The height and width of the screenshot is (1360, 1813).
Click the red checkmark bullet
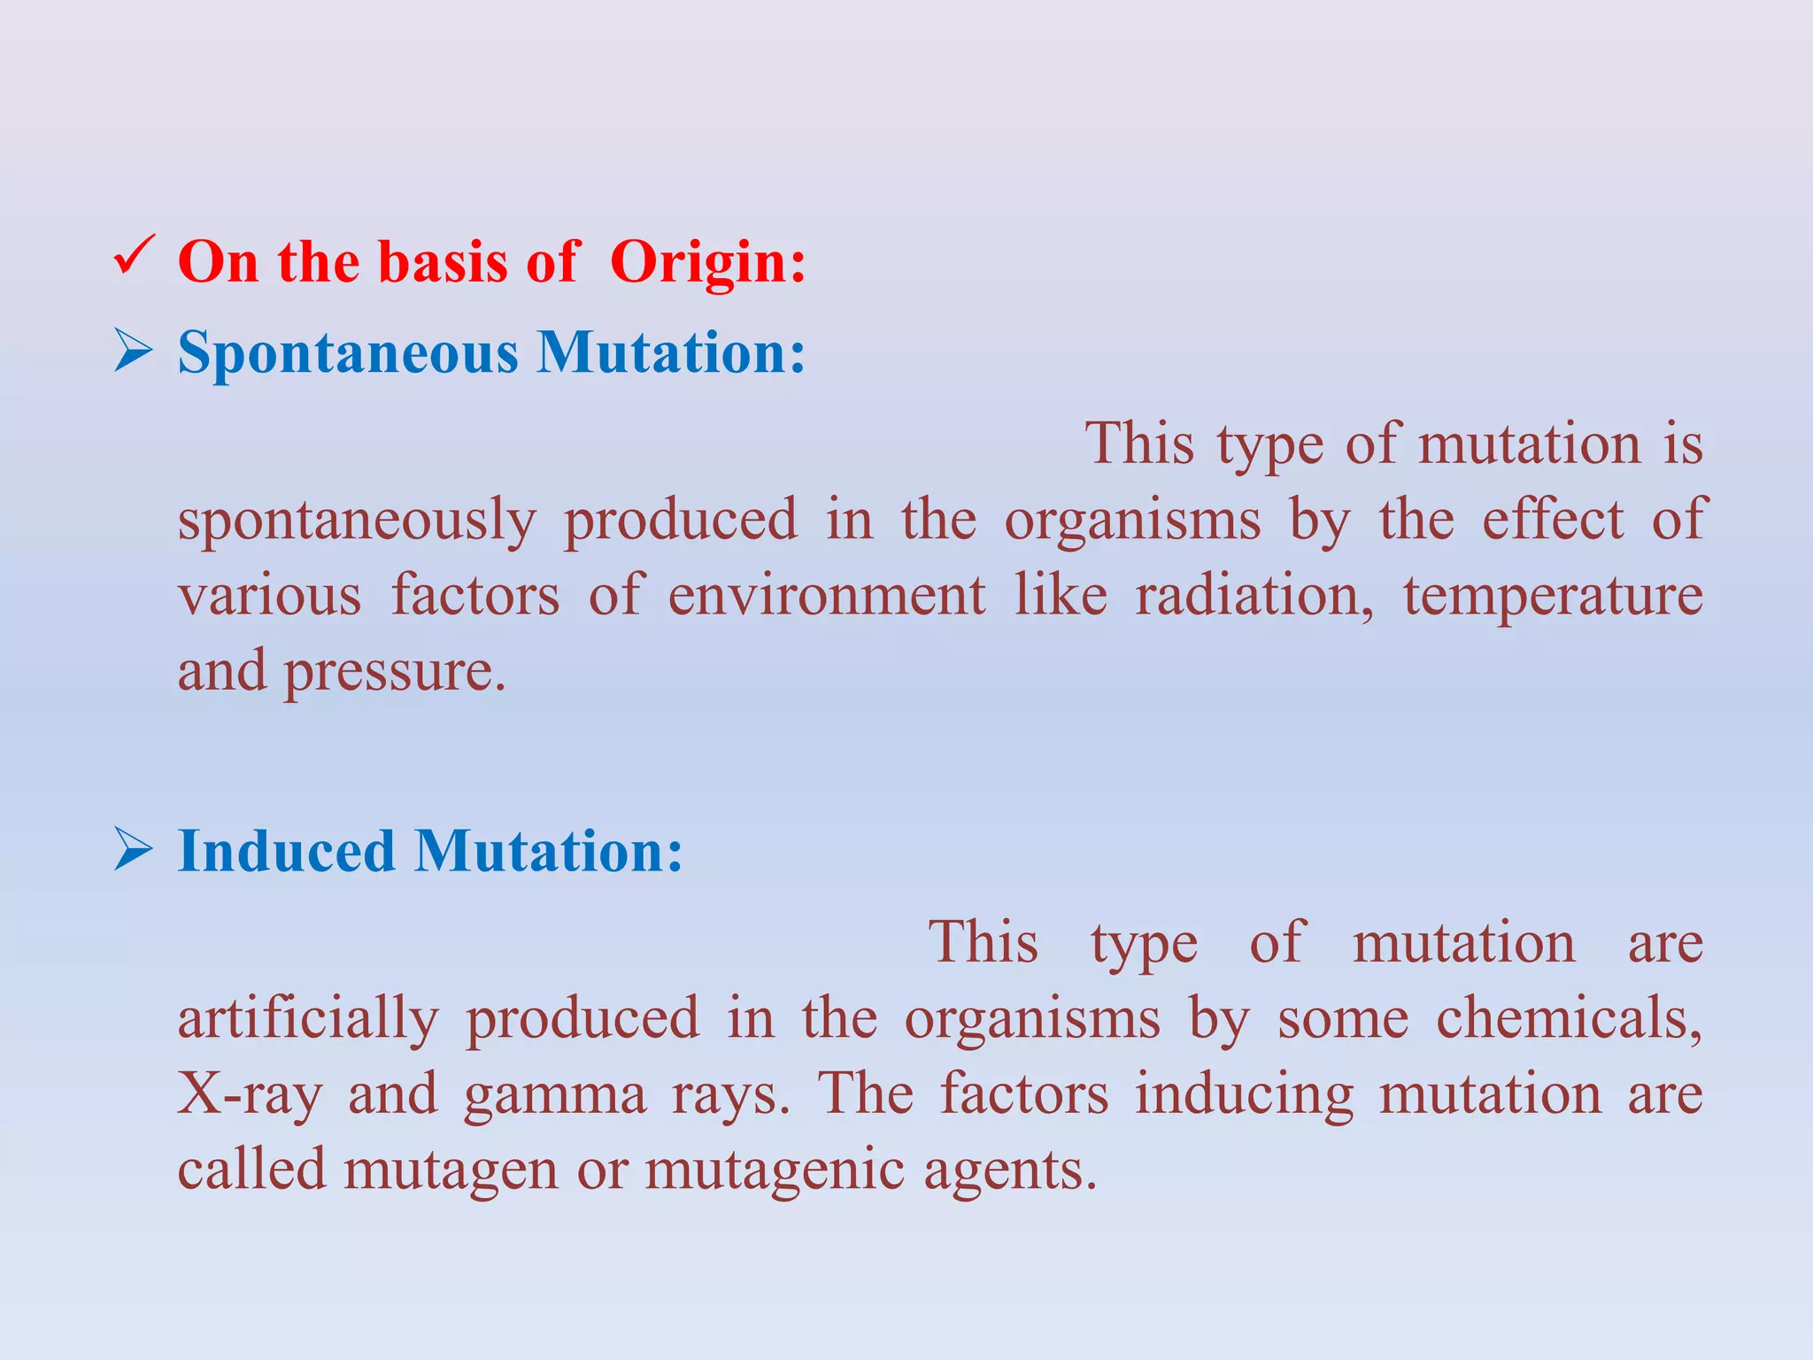135,256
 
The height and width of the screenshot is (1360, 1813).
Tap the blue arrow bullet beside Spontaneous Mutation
135,352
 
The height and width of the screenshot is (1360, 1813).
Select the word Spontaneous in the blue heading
348,353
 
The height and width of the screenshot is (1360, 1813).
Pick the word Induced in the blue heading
286,851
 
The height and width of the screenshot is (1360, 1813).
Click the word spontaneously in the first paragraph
357,521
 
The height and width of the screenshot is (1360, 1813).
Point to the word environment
826,595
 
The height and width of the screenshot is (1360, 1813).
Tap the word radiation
1254,595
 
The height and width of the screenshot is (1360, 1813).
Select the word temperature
1553,597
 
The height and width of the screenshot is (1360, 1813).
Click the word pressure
394,672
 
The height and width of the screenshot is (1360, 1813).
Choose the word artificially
307,1019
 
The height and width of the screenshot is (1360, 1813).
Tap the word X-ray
250,1094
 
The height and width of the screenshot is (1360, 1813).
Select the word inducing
1244,1094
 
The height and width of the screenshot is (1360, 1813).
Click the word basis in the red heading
444,262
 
